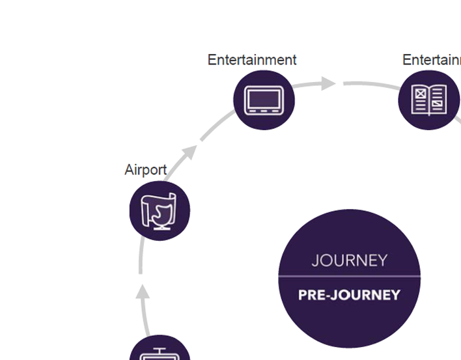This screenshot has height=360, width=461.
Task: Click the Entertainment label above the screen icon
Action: click(252, 60)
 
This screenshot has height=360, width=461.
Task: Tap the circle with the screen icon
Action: click(264, 100)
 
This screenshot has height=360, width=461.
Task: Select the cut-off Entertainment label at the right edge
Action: click(431, 60)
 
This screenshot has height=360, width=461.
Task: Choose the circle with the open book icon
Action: click(429, 100)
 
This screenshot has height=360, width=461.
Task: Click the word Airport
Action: click(145, 170)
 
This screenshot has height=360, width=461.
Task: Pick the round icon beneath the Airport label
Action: click(160, 211)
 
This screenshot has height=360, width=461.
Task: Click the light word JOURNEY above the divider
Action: click(349, 260)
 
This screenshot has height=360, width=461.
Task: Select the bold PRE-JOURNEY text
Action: click(349, 295)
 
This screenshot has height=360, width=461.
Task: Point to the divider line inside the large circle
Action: click(349, 277)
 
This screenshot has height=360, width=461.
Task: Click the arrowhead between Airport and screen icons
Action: click(189, 152)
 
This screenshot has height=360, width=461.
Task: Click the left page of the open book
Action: click(421, 100)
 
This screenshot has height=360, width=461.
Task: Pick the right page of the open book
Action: click(438, 100)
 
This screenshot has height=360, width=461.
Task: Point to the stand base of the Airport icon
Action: click(160, 228)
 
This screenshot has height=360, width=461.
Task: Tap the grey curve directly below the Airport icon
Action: click(141, 257)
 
